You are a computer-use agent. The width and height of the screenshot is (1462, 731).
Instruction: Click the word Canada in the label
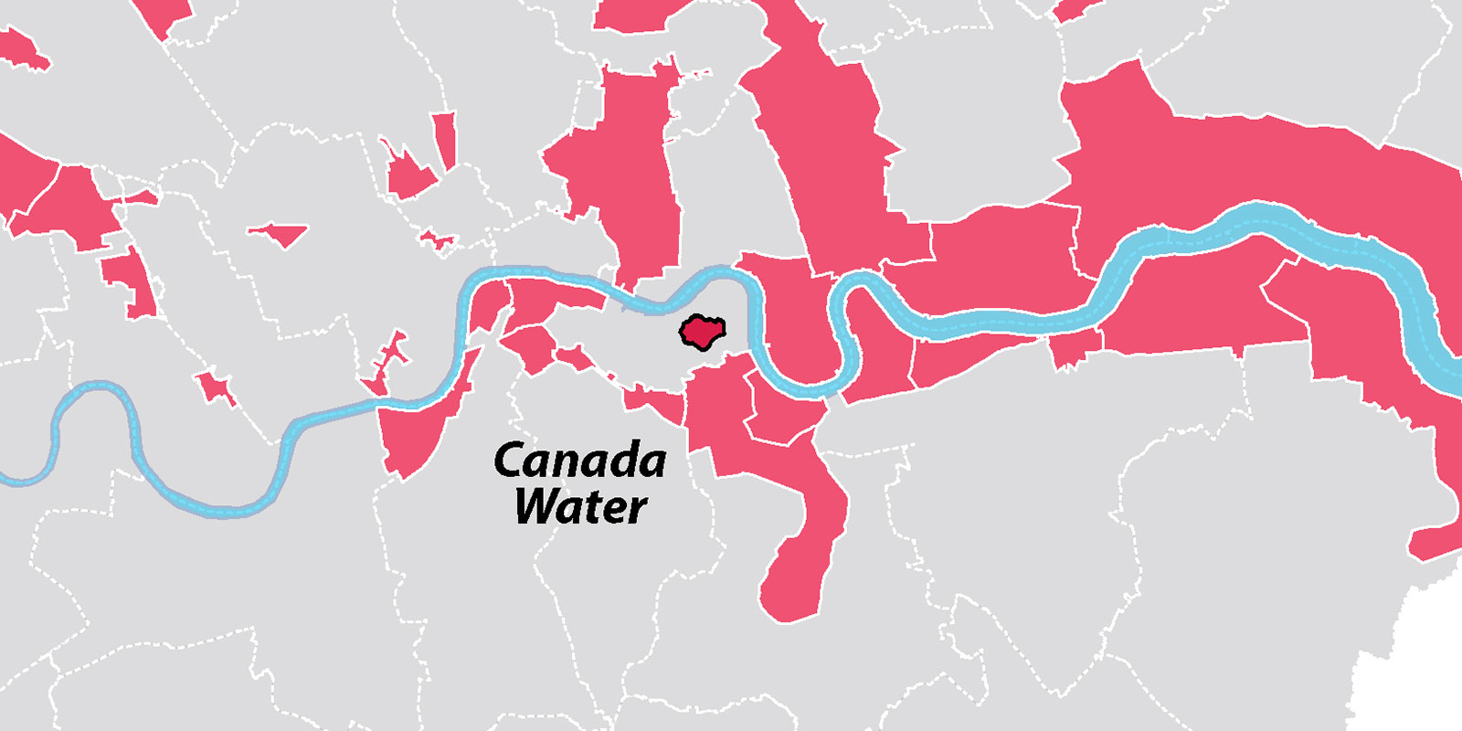tap(580, 461)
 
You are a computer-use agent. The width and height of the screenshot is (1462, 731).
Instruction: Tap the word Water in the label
tap(581, 507)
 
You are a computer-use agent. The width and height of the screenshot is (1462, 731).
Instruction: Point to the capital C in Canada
tap(511, 461)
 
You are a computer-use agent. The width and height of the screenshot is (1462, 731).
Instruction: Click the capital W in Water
tap(538, 505)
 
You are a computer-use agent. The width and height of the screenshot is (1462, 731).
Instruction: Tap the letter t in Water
tap(596, 507)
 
